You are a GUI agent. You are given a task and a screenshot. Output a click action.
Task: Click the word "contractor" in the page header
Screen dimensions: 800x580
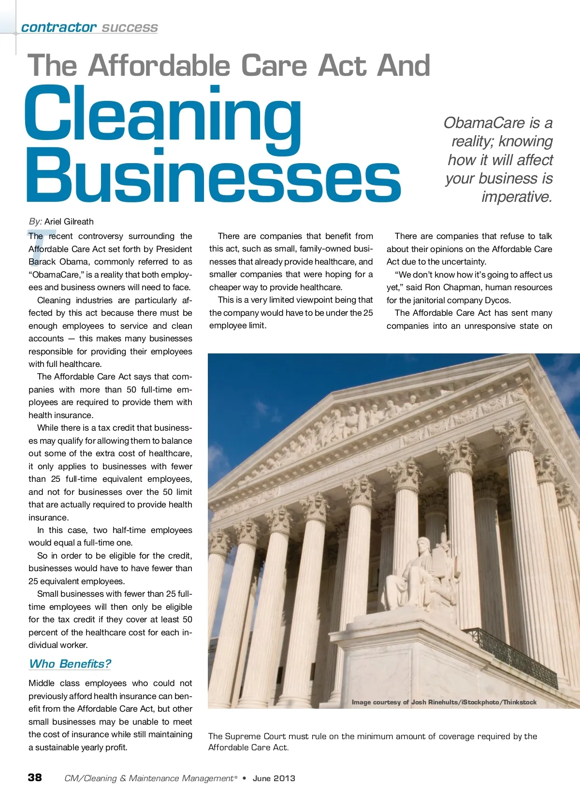[58, 28]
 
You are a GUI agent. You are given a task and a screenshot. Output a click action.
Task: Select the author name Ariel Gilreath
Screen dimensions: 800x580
[69, 222]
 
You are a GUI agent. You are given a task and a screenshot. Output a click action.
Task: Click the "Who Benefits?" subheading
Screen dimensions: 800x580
[70, 664]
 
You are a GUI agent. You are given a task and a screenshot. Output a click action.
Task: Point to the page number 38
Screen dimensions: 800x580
[35, 777]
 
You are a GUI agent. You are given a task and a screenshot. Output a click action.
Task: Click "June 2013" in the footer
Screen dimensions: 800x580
[274, 778]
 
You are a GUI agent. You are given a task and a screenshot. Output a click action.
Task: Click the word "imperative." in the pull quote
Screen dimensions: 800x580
[517, 197]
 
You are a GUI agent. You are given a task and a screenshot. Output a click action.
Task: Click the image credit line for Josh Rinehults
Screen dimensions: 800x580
[444, 702]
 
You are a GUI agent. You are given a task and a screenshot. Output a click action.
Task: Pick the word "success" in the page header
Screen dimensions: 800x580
[130, 28]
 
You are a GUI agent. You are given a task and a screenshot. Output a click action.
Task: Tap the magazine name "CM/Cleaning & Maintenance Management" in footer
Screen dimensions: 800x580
[149, 778]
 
